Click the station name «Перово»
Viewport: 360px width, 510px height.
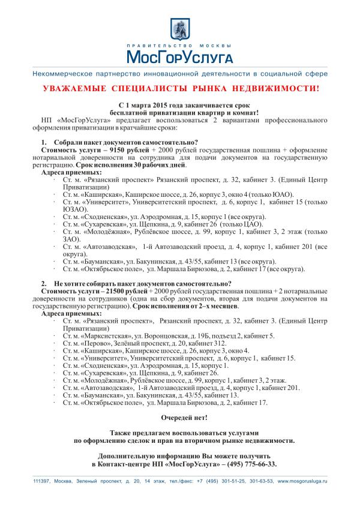pyautogui.click(x=96, y=343)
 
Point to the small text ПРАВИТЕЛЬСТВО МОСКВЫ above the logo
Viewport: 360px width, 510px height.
pyautogui.click(x=179, y=45)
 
